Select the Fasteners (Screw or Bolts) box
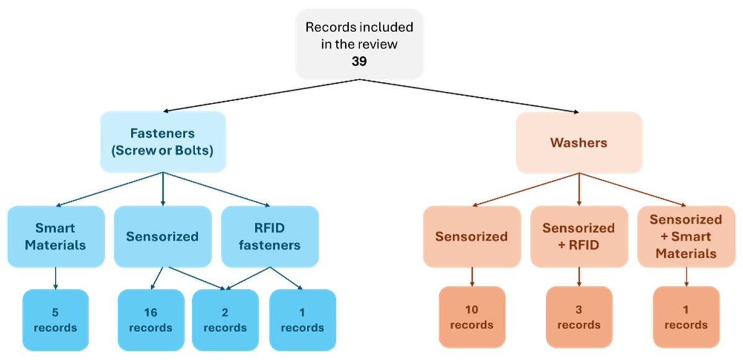point(162,142)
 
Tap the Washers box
point(579,142)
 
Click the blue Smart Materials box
point(56,236)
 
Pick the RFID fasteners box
point(270,236)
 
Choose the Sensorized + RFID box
point(579,236)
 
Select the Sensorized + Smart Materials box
point(685,236)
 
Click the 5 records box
point(56,318)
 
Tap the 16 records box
point(151,318)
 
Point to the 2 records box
point(225,318)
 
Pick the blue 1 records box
point(302,318)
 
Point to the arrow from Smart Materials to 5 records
point(56,278)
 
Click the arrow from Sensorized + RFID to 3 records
point(579,276)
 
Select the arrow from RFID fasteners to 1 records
point(286,278)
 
